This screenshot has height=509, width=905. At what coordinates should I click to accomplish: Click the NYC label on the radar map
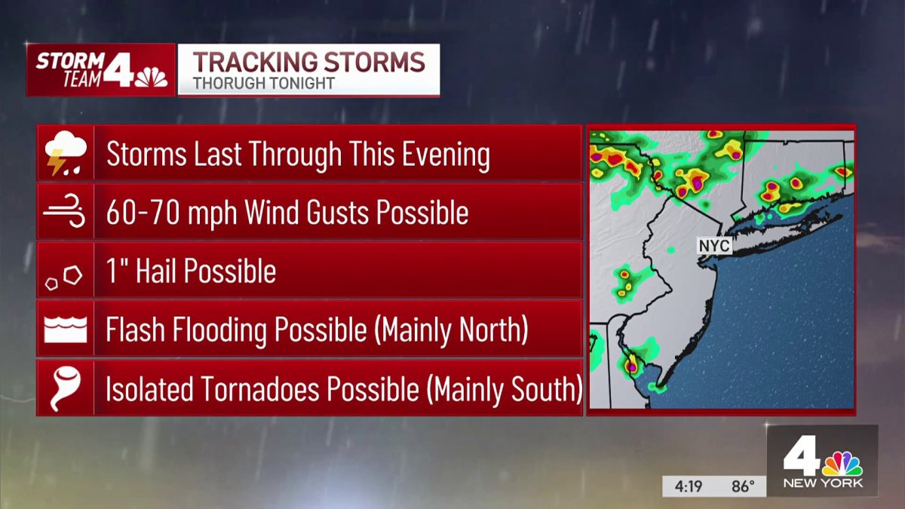[714, 247]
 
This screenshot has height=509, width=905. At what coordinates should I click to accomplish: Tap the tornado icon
[65, 389]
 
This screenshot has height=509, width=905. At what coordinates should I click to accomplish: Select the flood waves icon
[66, 330]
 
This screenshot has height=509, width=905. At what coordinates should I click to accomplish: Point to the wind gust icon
[65, 213]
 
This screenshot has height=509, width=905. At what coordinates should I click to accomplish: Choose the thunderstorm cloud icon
[66, 153]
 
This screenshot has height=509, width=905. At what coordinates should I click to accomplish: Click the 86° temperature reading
[743, 486]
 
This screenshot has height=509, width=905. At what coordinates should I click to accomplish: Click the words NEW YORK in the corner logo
[823, 483]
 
